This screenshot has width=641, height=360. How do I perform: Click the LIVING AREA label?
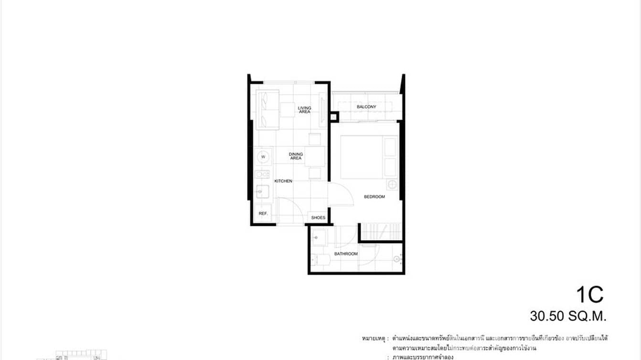pos(304,110)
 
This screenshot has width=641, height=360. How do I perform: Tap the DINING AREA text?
pos(296,156)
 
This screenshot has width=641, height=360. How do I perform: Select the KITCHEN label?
pos(283,181)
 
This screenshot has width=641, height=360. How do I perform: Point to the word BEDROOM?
pos(374,197)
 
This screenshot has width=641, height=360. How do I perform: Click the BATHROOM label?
pos(346,254)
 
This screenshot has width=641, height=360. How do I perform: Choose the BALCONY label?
pos(366,107)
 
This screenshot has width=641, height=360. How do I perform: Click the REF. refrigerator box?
pos(263,213)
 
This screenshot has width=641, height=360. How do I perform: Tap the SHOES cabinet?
pos(318,218)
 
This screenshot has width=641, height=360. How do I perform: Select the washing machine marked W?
pos(263,157)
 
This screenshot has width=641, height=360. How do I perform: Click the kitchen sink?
pos(262,191)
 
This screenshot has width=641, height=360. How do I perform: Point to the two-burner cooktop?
pos(262,174)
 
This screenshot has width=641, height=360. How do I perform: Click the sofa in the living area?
pos(267,109)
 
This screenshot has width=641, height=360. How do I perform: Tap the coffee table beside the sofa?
pos(288,110)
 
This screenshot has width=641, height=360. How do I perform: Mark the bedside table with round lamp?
pos(391,185)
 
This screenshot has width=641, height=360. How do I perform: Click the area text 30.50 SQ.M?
pos(567,316)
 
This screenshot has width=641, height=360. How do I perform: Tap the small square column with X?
pos(333,116)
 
